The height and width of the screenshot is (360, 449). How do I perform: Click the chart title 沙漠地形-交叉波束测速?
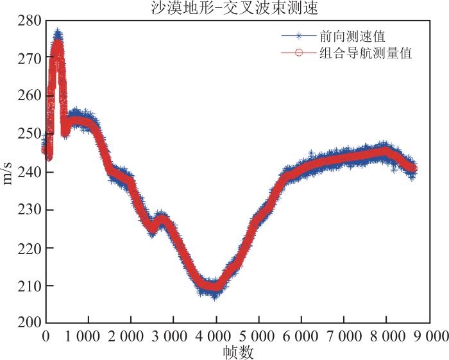(x=235, y=8)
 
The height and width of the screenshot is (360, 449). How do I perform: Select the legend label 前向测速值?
(x=353, y=37)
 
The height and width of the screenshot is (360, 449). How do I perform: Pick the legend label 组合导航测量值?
(x=366, y=53)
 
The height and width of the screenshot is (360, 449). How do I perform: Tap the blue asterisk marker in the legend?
(x=299, y=36)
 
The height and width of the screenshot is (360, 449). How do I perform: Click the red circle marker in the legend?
(x=299, y=53)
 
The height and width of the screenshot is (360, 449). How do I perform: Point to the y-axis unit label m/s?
(x=7, y=172)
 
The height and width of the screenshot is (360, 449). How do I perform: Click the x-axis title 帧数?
(x=238, y=352)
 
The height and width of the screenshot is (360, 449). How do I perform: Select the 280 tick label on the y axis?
(x=30, y=21)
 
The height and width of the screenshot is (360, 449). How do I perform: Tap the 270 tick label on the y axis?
(x=30, y=58)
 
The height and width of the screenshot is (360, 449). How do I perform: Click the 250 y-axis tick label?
(x=30, y=133)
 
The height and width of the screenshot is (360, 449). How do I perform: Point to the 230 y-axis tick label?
(x=30, y=210)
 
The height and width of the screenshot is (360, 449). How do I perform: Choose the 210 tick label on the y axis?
(x=30, y=286)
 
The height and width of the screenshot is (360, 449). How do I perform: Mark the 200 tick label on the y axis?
(x=30, y=323)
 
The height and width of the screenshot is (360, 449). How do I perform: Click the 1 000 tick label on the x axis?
(x=83, y=336)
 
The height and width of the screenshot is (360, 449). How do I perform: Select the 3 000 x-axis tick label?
(x=169, y=336)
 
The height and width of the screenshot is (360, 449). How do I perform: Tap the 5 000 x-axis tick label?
(x=257, y=336)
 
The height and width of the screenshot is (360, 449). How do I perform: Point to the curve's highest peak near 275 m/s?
(x=58, y=31)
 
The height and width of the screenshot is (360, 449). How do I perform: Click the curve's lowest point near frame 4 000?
(x=215, y=298)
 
